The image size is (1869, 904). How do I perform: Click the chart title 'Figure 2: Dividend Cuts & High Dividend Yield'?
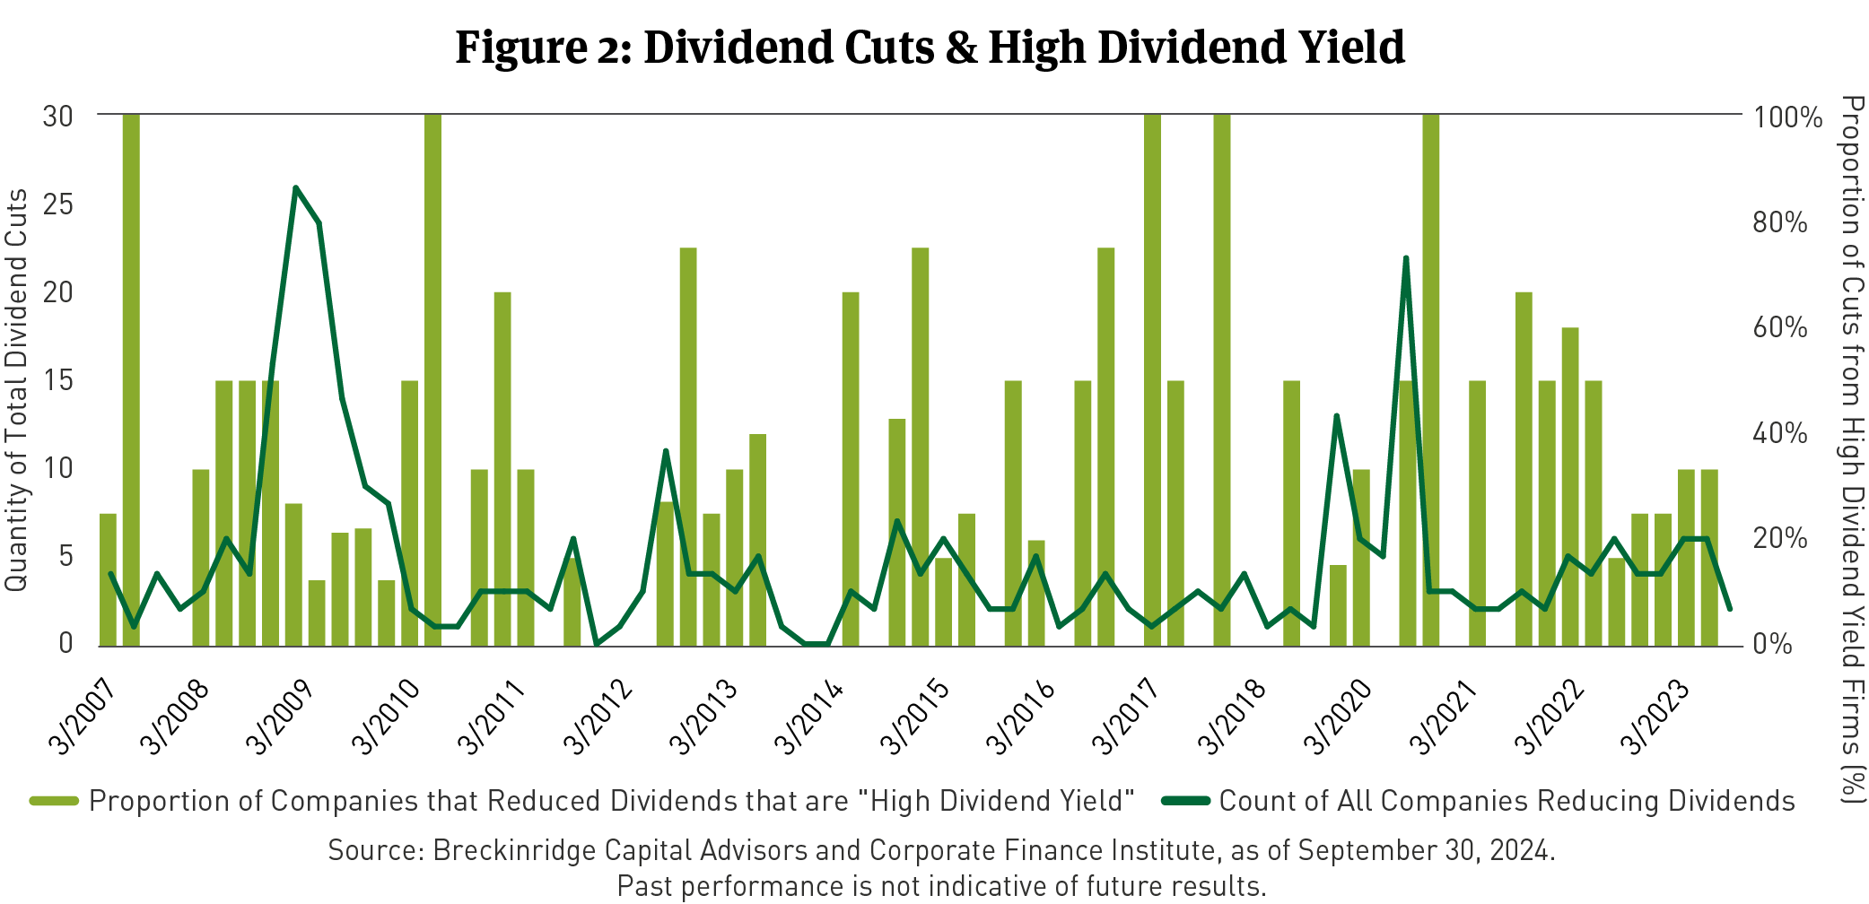[930, 48]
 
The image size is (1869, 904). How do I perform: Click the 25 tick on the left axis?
[57, 204]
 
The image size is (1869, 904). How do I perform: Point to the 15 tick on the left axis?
[57, 379]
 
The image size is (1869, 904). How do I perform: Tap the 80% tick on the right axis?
[1780, 222]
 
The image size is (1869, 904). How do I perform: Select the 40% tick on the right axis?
[1780, 433]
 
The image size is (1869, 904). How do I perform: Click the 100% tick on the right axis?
[1787, 117]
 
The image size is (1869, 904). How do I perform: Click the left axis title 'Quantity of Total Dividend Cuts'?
[16, 390]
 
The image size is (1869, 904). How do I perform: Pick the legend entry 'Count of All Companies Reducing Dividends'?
[1507, 801]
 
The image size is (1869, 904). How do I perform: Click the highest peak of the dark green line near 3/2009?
[295, 187]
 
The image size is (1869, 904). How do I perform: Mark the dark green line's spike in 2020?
[1406, 258]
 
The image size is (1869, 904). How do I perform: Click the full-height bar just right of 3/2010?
[432, 377]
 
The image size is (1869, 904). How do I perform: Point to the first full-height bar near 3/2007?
[131, 377]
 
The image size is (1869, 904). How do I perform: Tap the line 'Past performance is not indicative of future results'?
[941, 886]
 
